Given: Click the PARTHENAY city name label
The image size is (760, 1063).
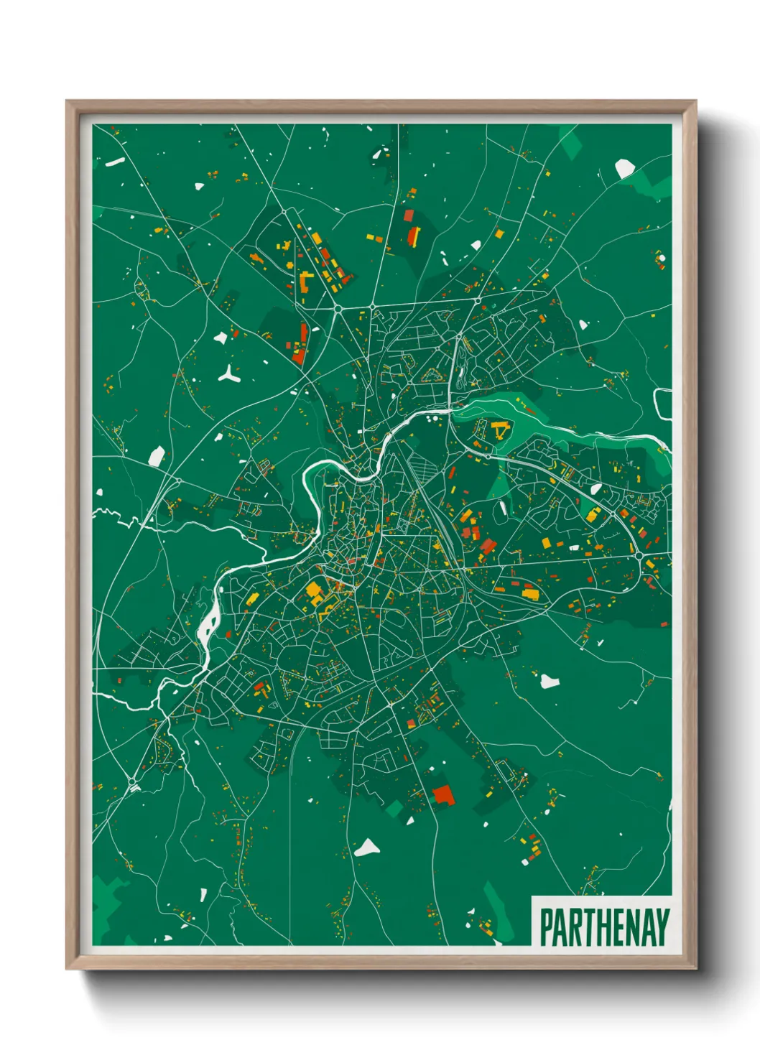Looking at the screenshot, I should point(603,927).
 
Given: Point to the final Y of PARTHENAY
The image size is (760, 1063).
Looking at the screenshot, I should point(662,927).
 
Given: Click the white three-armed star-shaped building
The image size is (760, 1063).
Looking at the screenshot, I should point(229,373).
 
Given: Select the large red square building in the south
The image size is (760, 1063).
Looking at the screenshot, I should point(443,794).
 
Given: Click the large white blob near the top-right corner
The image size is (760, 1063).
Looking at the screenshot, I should point(624,169).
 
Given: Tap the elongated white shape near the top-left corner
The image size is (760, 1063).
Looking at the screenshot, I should point(115,162).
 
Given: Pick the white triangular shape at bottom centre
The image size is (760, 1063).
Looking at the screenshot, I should point(367,848).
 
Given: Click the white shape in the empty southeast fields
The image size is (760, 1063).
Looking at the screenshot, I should point(550,680).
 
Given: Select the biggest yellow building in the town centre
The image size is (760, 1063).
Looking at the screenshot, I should point(314,591).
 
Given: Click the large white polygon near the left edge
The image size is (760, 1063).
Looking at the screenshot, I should point(156,455).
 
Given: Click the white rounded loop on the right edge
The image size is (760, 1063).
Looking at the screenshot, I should point(662,403).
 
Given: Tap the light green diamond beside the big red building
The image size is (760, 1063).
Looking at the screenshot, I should point(394,810).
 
